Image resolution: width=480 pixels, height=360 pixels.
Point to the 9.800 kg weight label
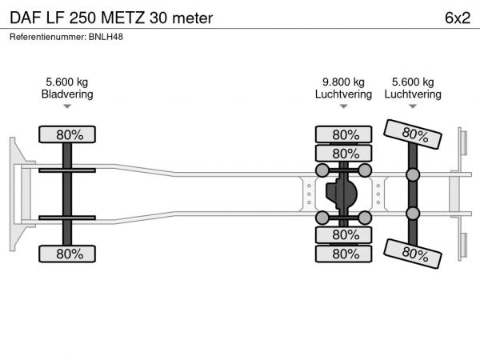coord(343,82)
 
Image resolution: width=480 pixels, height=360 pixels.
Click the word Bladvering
coord(67,94)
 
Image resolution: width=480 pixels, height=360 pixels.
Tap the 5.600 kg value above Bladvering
coord(67,82)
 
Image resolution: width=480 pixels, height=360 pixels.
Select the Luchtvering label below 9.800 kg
coord(343,94)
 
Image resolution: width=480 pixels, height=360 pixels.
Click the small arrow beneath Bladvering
coord(67,106)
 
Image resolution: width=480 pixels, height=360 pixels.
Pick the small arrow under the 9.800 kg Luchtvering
coord(343,106)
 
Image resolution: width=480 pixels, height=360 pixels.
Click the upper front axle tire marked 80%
coord(67,134)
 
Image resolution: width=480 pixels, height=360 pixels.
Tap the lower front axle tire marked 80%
coord(67,254)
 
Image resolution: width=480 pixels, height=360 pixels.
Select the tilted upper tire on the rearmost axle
coord(412,134)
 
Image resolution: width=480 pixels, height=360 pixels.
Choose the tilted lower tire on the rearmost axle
coord(412,254)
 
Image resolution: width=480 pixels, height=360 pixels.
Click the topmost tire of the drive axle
coord(343,134)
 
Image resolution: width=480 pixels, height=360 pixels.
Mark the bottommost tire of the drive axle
coord(343,254)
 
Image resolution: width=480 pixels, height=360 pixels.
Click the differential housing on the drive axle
coord(343,194)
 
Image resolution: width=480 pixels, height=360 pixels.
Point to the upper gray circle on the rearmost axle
coord(413,175)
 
